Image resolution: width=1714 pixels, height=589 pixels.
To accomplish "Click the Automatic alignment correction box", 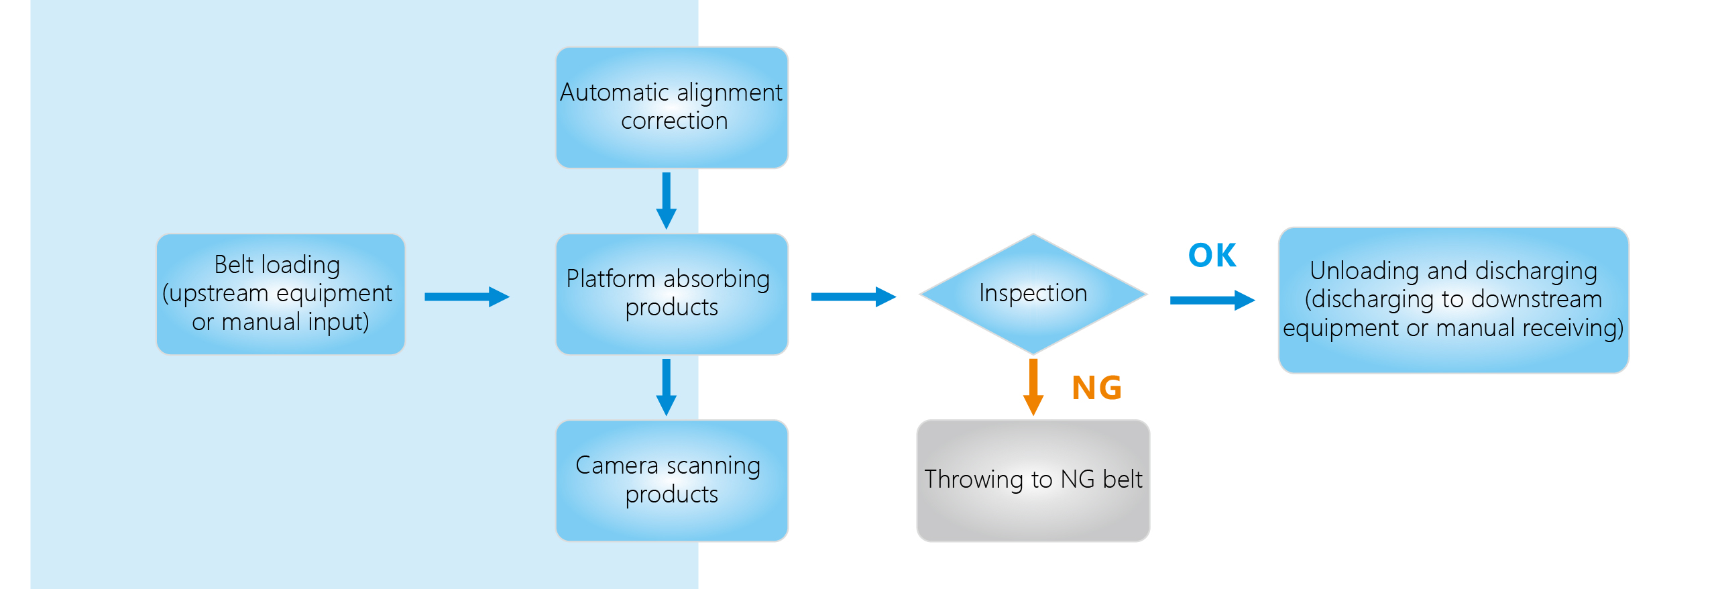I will click(x=672, y=107).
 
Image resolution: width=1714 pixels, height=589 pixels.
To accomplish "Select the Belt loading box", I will click(x=280, y=294).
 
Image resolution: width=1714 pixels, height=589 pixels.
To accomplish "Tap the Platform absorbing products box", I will click(x=672, y=294).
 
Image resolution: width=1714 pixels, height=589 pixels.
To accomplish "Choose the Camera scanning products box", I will click(x=672, y=480).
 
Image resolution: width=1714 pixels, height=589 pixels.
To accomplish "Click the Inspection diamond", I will click(x=1033, y=294).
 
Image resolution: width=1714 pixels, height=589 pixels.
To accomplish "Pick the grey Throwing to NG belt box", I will click(x=1033, y=480).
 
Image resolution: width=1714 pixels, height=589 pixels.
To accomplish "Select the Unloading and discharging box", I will click(x=1453, y=300).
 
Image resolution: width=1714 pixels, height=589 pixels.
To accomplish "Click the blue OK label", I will click(x=1212, y=256).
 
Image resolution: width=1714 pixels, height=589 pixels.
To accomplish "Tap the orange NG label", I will click(x=1096, y=388).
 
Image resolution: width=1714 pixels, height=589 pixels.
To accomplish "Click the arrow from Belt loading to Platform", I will click(x=467, y=297).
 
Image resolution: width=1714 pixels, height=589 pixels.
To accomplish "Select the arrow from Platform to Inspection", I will click(x=853, y=297).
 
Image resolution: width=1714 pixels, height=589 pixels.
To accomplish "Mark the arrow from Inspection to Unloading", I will click(x=1212, y=300).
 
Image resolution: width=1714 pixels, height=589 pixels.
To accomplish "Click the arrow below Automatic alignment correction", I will click(x=666, y=200).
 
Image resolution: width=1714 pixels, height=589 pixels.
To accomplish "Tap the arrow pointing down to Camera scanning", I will click(x=666, y=386).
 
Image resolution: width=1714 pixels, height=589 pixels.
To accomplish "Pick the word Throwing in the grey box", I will click(x=974, y=480).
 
